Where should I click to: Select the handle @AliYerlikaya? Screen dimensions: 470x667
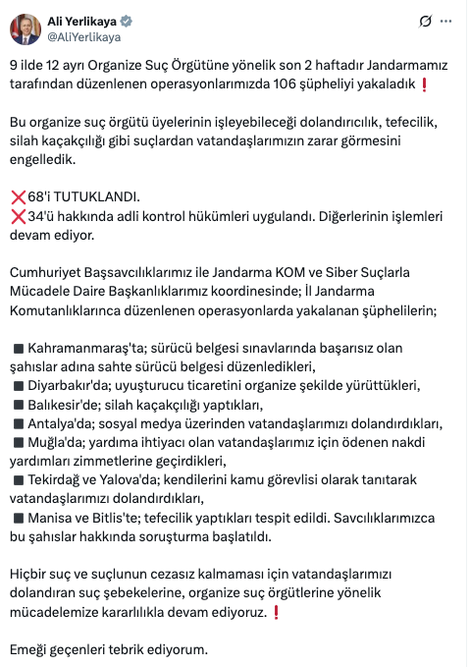click(x=84, y=36)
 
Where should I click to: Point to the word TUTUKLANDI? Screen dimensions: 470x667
click(x=105, y=196)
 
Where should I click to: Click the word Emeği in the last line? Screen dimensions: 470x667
click(x=29, y=649)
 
